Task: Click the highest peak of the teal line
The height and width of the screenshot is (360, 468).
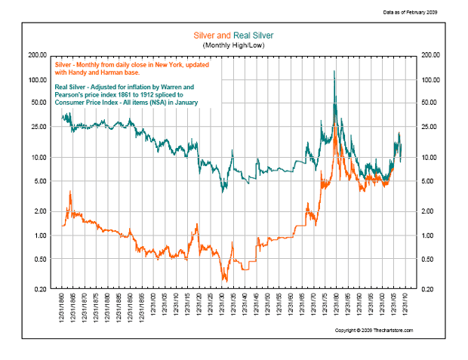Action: [x=334, y=71]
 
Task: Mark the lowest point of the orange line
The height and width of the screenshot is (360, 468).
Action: [x=225, y=281]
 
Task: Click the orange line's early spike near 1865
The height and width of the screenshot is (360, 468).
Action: [x=70, y=192]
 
